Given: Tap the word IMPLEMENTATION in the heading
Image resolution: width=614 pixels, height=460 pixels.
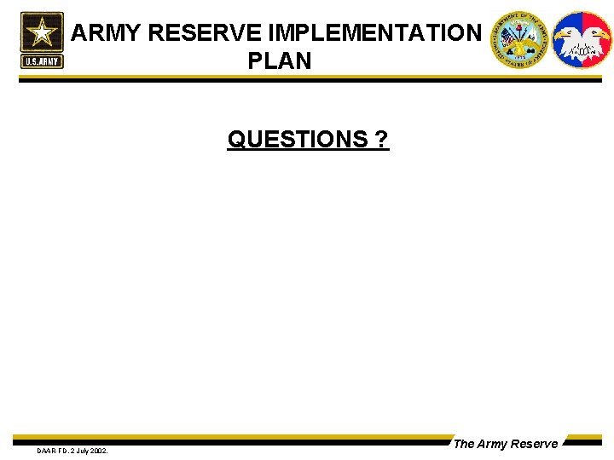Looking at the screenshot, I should [375, 33].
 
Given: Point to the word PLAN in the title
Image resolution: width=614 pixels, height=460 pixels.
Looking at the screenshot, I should [280, 61].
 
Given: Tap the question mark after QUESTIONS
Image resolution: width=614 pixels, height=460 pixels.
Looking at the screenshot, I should [382, 139].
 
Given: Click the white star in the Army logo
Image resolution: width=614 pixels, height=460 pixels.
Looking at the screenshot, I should [42, 33].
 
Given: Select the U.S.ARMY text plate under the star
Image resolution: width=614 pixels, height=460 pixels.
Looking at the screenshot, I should [42, 61].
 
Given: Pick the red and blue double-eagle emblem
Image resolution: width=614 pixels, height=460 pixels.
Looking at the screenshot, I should [582, 39].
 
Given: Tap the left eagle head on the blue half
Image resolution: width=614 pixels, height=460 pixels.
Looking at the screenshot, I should [566, 36].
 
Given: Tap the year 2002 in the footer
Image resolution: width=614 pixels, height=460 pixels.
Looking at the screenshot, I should [99, 450].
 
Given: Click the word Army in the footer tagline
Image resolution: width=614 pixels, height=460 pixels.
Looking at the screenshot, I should [494, 444].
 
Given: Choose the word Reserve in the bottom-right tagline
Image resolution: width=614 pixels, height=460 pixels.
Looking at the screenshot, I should [536, 444].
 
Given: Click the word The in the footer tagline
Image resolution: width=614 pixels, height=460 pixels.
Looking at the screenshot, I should [464, 444].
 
